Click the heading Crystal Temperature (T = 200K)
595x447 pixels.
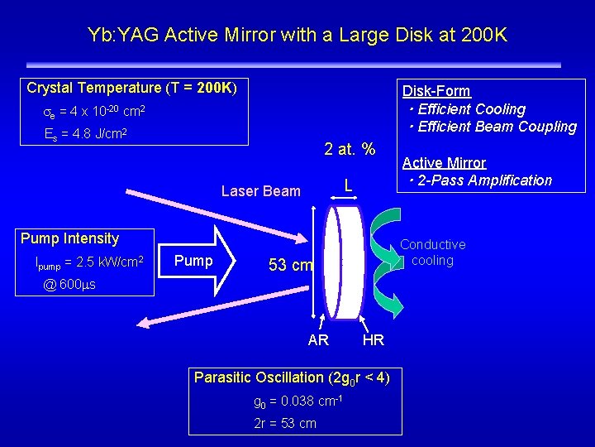pos(131,88)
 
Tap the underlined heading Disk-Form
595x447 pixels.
pos(436,91)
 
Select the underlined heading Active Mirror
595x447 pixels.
pos(444,163)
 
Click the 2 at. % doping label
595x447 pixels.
pos(350,150)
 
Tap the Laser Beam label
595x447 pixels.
pos(261,191)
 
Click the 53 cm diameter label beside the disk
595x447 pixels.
pos(290,266)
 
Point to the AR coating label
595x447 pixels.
pos(318,340)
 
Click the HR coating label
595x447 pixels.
pos(373,340)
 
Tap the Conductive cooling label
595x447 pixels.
pos(433,252)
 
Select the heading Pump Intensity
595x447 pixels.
pos(70,238)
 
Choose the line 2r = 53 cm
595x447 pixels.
pos(284,423)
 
